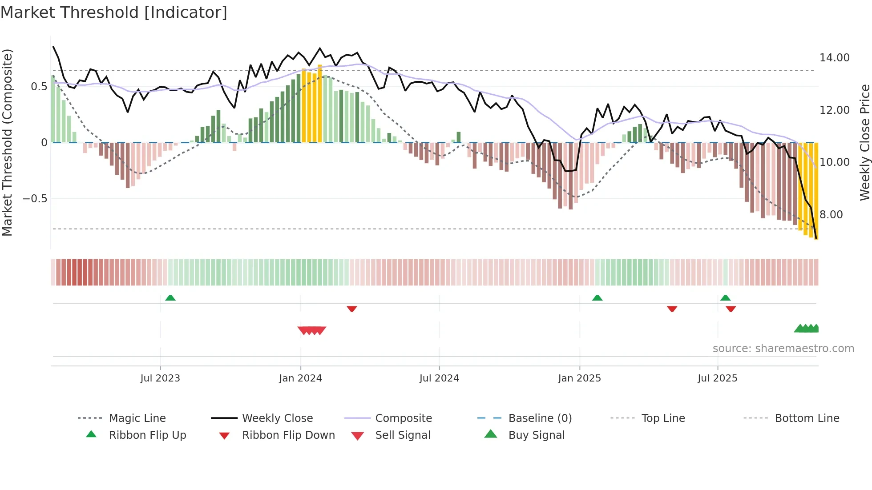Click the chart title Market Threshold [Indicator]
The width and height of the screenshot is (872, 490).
point(114,12)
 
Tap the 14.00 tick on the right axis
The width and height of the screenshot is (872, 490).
point(834,58)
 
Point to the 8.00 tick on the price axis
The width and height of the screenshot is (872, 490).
point(831,215)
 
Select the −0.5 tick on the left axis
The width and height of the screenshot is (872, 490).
point(35,199)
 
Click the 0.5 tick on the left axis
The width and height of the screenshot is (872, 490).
point(39,87)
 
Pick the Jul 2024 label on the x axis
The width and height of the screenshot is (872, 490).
point(439,378)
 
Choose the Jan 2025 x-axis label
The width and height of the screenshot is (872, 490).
point(579,378)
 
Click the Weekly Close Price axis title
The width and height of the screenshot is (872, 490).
point(864,142)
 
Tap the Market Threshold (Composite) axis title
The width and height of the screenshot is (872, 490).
point(8,142)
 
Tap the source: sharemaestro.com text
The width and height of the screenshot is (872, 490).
point(783,349)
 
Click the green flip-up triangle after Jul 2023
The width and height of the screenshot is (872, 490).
point(170,298)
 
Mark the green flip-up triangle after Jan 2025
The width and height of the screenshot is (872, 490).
point(597,298)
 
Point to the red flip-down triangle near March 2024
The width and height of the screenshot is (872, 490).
point(352,309)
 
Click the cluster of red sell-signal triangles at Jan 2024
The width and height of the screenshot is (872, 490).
point(312,330)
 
